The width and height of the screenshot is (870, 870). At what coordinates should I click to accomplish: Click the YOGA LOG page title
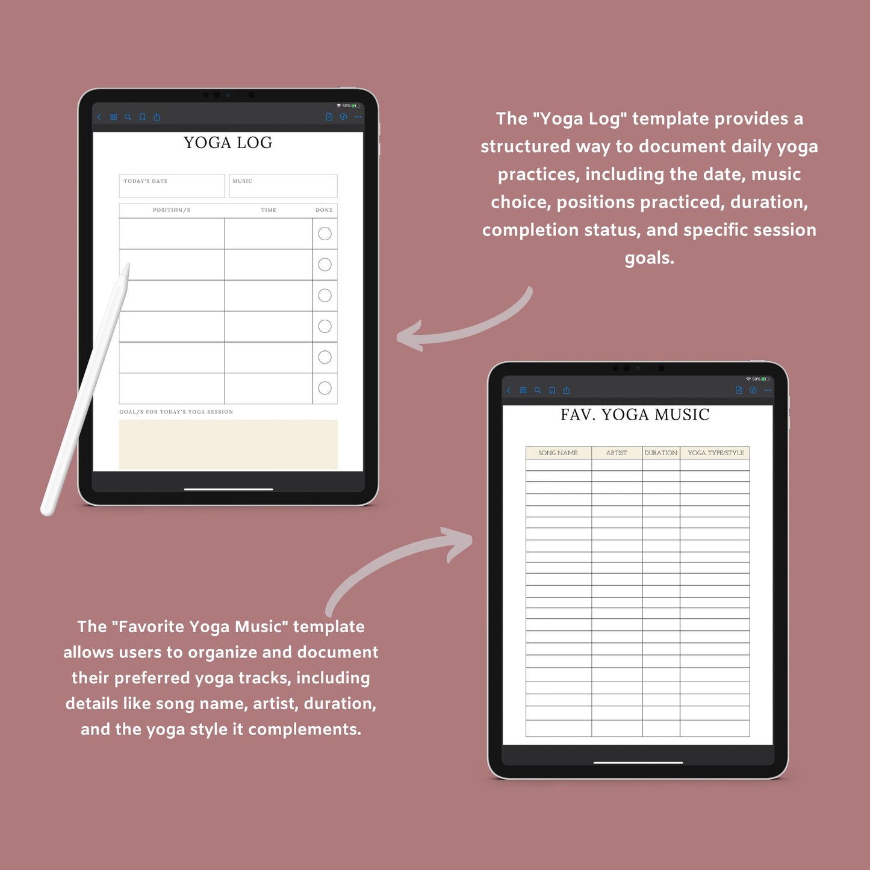coord(228,143)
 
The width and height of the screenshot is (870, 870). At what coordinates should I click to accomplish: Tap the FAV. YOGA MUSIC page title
coord(635,414)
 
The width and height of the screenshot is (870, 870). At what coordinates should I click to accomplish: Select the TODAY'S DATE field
coord(172,186)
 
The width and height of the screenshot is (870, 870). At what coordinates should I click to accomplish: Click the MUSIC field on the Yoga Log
coord(283,186)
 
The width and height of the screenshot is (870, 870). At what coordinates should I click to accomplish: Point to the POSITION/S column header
coord(172,210)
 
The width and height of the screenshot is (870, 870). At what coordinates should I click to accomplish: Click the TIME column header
coord(269,210)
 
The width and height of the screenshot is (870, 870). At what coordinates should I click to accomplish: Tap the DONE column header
coord(324,210)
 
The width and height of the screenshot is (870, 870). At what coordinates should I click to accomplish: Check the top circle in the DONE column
coord(325,234)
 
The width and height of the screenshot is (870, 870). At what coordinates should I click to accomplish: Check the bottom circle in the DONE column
coord(325,388)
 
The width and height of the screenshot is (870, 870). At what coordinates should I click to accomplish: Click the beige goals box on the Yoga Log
coord(228,444)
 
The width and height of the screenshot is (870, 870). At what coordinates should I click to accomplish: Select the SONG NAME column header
coord(558,453)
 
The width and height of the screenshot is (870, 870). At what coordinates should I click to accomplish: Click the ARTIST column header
coord(617,453)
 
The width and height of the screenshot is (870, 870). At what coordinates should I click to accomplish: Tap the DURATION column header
coord(660,453)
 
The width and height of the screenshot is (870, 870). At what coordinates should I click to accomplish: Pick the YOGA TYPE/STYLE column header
coord(716,453)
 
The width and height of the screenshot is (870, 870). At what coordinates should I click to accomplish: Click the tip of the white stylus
coord(128,264)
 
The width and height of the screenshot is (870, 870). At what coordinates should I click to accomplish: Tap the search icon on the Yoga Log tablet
coord(128,117)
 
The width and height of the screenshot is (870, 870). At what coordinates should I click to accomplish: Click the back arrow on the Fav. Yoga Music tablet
coord(509,390)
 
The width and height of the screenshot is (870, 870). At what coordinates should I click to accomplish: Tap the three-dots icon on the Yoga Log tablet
coord(358,117)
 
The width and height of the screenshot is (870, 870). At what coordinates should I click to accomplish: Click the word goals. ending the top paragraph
coord(649,258)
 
